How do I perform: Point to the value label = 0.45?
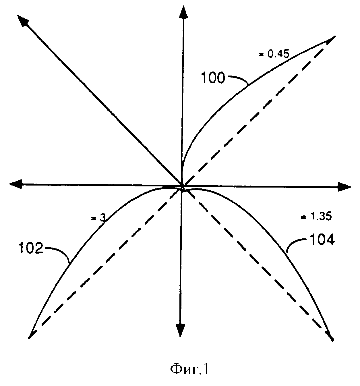pyautogui.click(x=274, y=54)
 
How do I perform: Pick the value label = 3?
pyautogui.click(x=98, y=218)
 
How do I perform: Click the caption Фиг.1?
pyautogui.click(x=190, y=369)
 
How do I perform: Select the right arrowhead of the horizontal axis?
pyautogui.click(x=344, y=187)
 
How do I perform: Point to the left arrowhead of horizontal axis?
pyautogui.click(x=16, y=184)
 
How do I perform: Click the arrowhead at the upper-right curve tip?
pyautogui.click(x=330, y=39)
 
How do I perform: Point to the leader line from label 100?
pyautogui.click(x=238, y=78)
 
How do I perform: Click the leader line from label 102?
pyautogui.click(x=58, y=251)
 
